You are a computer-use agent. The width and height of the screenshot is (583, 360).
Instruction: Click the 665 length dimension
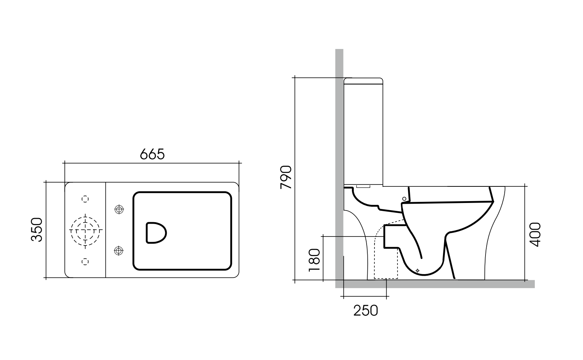click(x=152, y=154)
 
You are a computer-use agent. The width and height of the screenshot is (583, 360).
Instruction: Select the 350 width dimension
click(x=37, y=229)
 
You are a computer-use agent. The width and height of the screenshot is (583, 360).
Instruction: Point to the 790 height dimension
click(x=286, y=177)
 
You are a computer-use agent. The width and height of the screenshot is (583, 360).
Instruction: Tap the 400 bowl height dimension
click(x=535, y=234)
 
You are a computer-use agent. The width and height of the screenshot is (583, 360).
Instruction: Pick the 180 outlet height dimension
click(x=314, y=260)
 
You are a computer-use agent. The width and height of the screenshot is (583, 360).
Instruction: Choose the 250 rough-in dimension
click(x=365, y=311)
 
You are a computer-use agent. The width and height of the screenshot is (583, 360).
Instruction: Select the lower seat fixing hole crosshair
click(x=119, y=250)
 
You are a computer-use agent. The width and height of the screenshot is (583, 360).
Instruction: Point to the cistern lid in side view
click(x=364, y=81)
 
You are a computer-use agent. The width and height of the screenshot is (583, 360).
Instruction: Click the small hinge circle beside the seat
click(x=404, y=198)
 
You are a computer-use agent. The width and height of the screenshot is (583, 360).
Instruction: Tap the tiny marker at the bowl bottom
click(x=417, y=270)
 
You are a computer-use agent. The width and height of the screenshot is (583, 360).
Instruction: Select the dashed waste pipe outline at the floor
click(x=386, y=264)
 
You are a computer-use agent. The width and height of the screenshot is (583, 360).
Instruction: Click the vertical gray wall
click(x=339, y=151)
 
